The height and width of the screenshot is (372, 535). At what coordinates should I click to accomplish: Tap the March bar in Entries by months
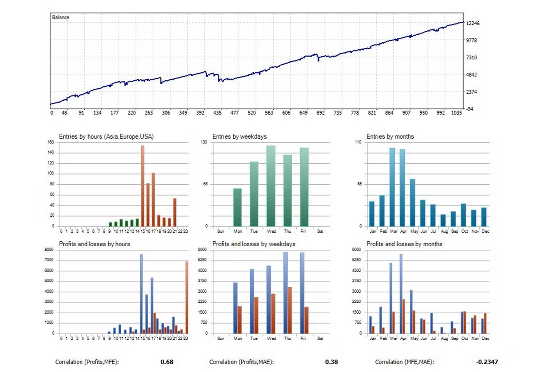(392, 187)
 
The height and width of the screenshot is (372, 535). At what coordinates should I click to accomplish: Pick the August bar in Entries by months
(443, 220)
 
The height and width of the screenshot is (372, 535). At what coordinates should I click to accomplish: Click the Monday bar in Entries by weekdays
(237, 207)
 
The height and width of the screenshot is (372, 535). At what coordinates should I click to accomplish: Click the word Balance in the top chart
(61, 17)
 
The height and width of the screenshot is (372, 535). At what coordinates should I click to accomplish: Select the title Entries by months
(390, 136)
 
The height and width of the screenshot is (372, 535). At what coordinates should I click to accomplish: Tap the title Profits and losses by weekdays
(254, 244)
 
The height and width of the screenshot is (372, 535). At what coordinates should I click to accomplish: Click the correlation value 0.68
(167, 362)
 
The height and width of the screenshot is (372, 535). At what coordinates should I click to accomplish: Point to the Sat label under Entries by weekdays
(320, 231)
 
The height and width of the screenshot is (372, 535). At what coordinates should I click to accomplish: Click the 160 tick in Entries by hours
(51, 142)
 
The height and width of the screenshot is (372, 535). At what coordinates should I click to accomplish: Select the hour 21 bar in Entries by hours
(175, 212)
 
